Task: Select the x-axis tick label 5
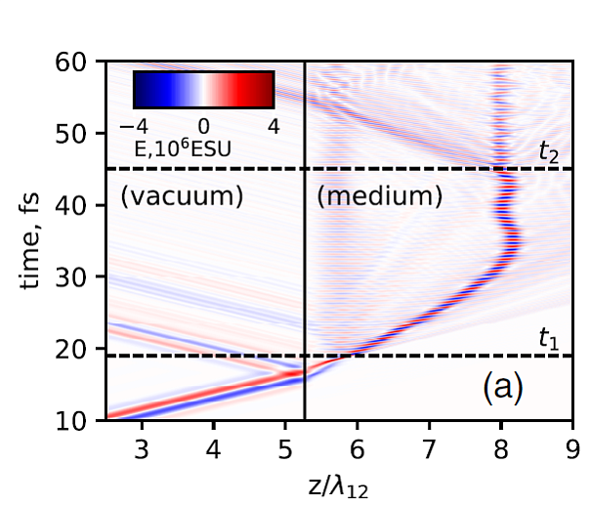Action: tap(284, 445)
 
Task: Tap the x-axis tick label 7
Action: tap(428, 445)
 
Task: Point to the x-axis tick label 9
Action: tap(571, 445)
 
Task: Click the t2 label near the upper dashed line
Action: tap(551, 151)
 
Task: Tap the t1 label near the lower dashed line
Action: tap(551, 341)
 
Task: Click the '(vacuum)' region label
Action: tap(182, 196)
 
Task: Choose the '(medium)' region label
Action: tap(381, 196)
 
